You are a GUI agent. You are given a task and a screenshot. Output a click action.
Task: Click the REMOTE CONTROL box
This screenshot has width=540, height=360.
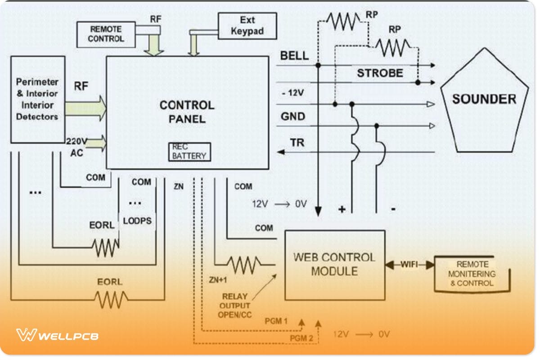click(x=106, y=34)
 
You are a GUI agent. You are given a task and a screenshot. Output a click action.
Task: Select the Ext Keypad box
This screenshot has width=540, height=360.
click(x=247, y=26)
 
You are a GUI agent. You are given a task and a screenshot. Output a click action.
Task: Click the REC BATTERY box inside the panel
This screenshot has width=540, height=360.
click(x=189, y=152)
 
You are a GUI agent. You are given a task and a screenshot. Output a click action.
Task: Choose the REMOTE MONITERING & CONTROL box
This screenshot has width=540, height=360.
click(x=472, y=274)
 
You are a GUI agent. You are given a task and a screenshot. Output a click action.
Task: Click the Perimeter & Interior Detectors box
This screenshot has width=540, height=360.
click(x=37, y=99)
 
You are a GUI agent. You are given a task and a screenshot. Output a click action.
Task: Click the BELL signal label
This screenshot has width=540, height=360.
click(x=294, y=56)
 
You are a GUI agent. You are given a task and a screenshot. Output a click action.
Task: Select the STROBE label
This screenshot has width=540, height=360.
click(x=380, y=73)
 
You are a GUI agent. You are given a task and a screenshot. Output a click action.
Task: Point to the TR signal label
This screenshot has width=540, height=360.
click(x=297, y=143)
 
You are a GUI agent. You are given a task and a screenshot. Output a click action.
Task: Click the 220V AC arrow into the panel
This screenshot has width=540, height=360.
click(x=96, y=144)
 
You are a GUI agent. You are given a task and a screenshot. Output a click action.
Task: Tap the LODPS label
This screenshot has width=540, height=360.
click(x=137, y=221)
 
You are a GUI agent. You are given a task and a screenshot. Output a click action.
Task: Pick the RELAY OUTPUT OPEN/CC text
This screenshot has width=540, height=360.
click(x=234, y=306)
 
